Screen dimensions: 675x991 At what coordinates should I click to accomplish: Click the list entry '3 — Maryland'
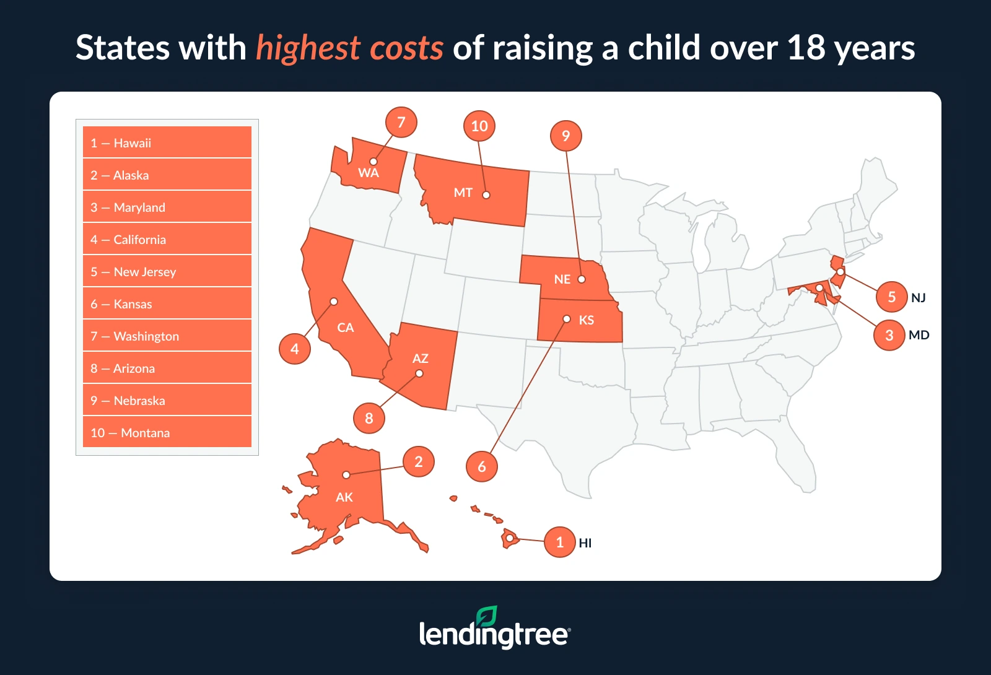tap(167, 207)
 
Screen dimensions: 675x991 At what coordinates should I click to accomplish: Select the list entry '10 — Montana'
tap(167, 433)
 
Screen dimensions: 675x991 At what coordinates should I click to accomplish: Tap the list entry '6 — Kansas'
tap(167, 304)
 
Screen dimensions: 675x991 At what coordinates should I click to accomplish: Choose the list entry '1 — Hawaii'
tap(167, 143)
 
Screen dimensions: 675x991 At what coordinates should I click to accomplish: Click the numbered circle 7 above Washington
tap(401, 123)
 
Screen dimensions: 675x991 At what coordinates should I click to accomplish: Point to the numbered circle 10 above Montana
tap(479, 126)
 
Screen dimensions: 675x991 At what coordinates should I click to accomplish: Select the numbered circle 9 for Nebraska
tap(566, 136)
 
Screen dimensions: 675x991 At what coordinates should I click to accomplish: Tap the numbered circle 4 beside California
tap(295, 349)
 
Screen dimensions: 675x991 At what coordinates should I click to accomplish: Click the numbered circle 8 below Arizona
tap(369, 418)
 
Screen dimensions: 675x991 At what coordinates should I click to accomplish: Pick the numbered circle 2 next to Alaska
tap(419, 461)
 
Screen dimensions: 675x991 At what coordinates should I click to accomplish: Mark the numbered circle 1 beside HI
tap(560, 542)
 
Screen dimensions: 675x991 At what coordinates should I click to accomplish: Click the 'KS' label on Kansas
tap(587, 320)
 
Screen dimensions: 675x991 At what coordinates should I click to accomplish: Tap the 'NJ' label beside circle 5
tap(919, 298)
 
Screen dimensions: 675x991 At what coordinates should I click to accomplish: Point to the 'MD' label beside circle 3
tap(919, 335)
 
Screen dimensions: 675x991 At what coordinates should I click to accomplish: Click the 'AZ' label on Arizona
tap(421, 359)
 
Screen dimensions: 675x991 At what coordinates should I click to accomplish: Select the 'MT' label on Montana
tap(463, 193)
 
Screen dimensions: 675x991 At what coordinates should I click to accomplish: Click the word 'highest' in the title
tap(308, 48)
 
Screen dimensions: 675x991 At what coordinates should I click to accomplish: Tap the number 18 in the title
tap(806, 48)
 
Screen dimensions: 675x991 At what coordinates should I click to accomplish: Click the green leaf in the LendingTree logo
tap(487, 616)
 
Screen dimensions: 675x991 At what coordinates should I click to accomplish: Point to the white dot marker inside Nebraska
tap(582, 279)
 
